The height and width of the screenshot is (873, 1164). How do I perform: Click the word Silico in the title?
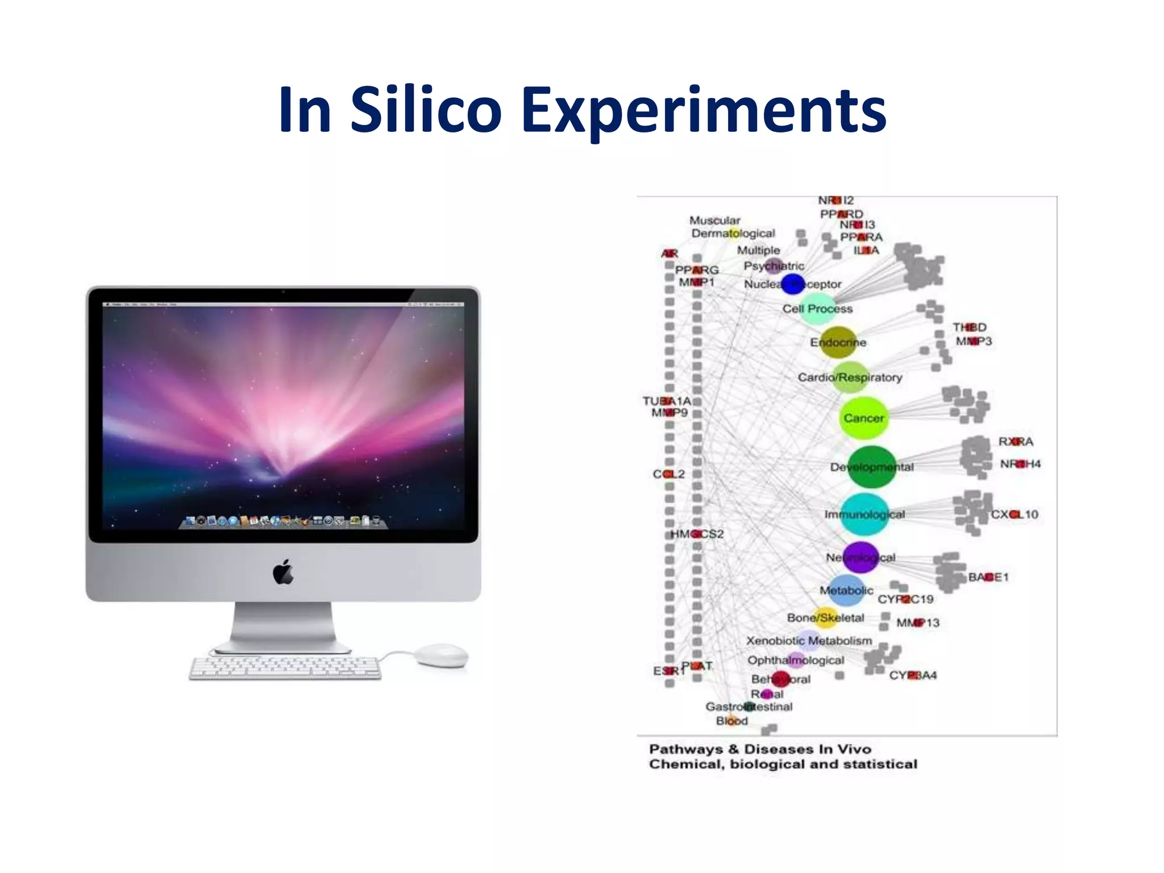(x=426, y=109)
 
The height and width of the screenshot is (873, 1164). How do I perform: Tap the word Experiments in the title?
(x=704, y=109)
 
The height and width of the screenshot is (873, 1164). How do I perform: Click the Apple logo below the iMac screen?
(x=284, y=572)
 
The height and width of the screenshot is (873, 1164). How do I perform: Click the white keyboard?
(x=285, y=668)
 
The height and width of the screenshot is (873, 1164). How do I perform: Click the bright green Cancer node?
(x=863, y=418)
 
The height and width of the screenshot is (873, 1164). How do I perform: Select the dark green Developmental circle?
(x=871, y=467)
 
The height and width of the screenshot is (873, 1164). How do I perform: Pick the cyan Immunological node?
(x=864, y=514)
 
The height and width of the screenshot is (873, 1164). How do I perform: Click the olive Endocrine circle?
(x=838, y=342)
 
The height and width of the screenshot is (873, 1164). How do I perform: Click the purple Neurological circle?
(x=861, y=558)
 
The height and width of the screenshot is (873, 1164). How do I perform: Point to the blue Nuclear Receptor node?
(x=793, y=284)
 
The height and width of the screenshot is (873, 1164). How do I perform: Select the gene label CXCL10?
(x=1015, y=514)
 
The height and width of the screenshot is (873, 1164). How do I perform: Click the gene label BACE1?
(x=988, y=577)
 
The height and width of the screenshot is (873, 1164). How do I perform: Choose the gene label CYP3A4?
(x=913, y=675)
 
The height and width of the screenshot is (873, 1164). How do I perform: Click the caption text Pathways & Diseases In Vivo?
(x=760, y=749)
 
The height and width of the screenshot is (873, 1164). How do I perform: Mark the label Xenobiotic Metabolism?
(x=809, y=641)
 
